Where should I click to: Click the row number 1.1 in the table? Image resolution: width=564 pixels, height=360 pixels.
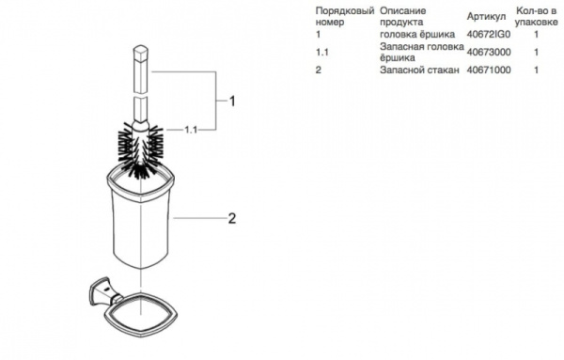(x=323, y=53)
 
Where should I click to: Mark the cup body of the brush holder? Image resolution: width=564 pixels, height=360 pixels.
(x=141, y=221)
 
